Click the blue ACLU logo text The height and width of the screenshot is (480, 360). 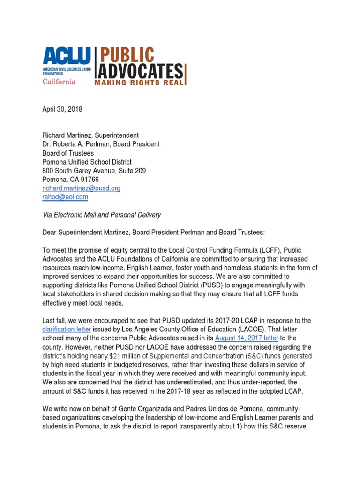pyautogui.click(x=67, y=57)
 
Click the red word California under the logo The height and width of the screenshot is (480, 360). pyautogui.click(x=59, y=81)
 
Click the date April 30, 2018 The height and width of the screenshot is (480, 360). pyautogui.click(x=62, y=109)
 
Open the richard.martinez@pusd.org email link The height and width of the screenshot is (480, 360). pyautogui.click(x=81, y=188)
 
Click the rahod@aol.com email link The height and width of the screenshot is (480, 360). pyautogui.click(x=65, y=197)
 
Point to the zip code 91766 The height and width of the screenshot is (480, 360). pyautogui.click(x=88, y=180)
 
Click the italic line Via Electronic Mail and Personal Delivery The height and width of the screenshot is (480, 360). pyautogui.click(x=101, y=215)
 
